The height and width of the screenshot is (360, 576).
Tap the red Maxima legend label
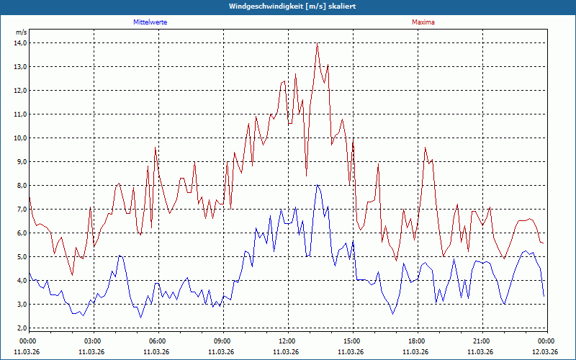423,22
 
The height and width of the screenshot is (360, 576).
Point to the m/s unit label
22,32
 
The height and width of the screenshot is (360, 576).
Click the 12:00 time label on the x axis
287,341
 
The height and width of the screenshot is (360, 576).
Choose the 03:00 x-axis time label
92,341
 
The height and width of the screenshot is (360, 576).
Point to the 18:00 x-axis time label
416,341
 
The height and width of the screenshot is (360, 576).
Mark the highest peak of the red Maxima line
317,43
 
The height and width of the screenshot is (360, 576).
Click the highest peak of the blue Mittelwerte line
317,185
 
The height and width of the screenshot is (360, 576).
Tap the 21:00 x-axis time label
481,341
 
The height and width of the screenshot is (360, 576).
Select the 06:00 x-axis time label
157,341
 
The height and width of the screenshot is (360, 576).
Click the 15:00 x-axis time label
351,341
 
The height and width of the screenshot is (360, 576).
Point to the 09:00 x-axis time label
222,341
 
